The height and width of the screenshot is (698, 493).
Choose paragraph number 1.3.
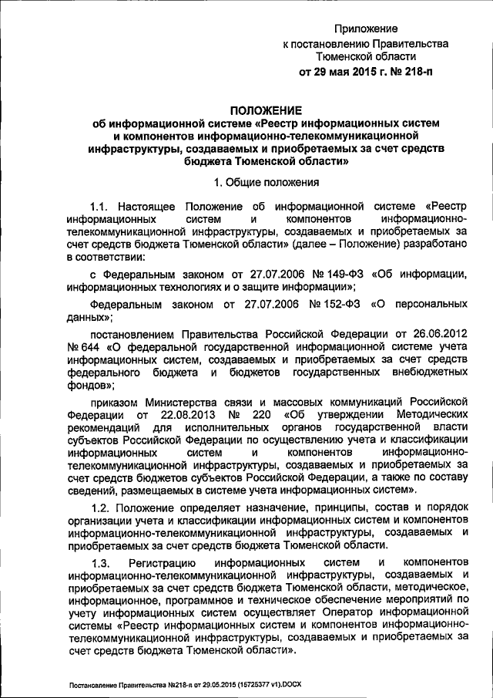(x=102, y=565)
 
